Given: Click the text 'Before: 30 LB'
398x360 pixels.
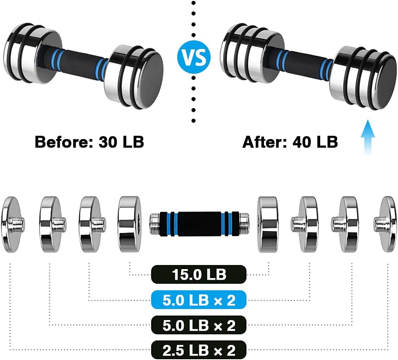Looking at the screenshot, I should pyautogui.click(x=89, y=142).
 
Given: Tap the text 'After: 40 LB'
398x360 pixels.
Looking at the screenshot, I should pyautogui.click(x=290, y=142).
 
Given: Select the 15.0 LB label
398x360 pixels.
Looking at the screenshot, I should pyautogui.click(x=198, y=274).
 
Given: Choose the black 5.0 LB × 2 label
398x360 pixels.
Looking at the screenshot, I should pyautogui.click(x=198, y=325).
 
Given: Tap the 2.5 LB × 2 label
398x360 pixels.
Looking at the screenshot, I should pyautogui.click(x=198, y=350).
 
